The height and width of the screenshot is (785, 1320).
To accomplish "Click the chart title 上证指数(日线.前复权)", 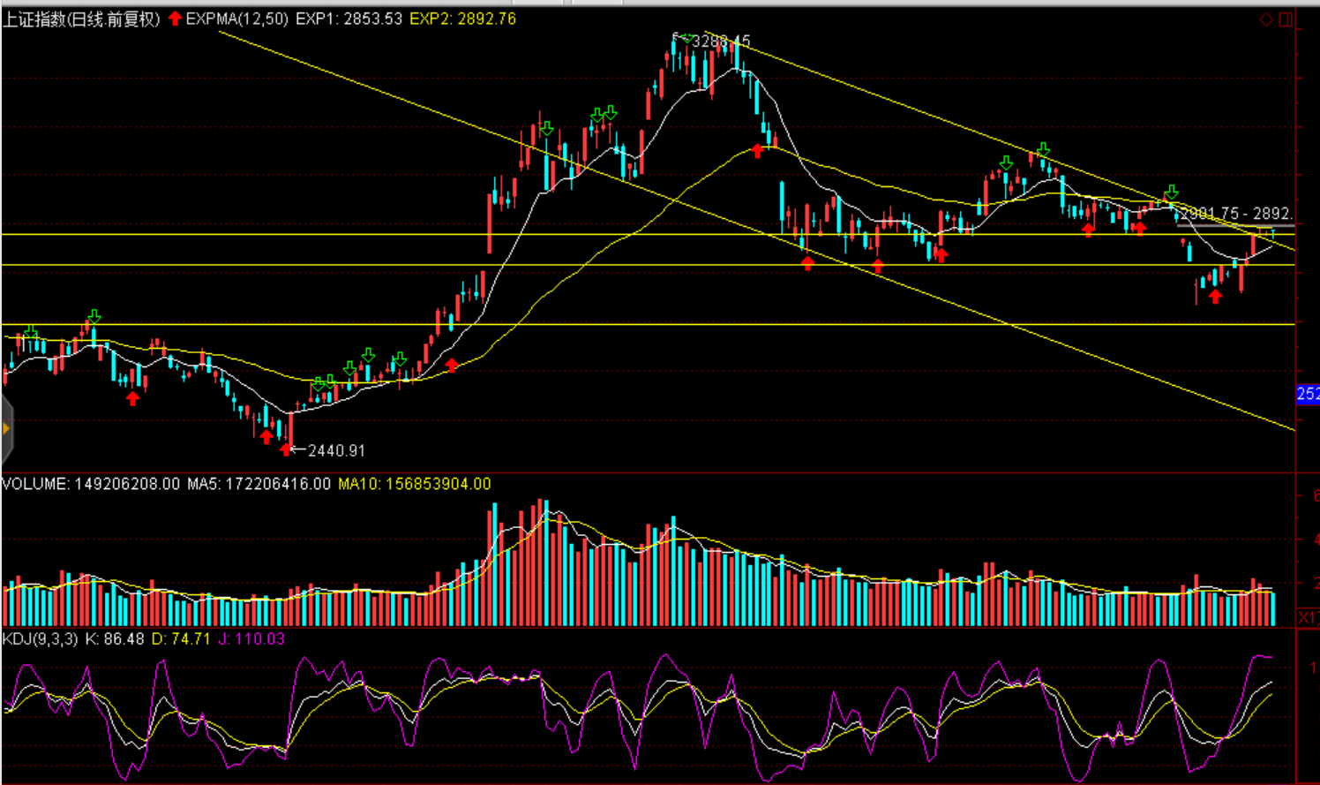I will pyautogui.click(x=81, y=19).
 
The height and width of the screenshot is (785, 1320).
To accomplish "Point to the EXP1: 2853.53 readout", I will pyautogui.click(x=349, y=19).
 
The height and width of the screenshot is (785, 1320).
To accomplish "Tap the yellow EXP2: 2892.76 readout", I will pyautogui.click(x=462, y=19).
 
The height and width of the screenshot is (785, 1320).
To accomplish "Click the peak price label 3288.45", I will pyautogui.click(x=721, y=41).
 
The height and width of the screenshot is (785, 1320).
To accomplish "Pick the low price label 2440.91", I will pyautogui.click(x=336, y=450).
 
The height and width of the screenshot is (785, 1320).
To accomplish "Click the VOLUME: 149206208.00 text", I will pyautogui.click(x=91, y=484).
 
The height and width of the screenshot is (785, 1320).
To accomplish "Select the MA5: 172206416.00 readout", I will pyautogui.click(x=259, y=484).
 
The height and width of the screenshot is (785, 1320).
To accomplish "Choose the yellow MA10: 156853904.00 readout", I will pyautogui.click(x=414, y=484).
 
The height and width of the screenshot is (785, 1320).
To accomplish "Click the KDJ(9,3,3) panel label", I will pyautogui.click(x=41, y=638).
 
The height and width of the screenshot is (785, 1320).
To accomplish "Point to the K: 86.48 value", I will pyautogui.click(x=114, y=638).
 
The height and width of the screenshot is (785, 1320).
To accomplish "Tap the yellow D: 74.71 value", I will pyautogui.click(x=181, y=638).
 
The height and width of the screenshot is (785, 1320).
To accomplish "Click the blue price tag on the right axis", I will pyautogui.click(x=1308, y=394).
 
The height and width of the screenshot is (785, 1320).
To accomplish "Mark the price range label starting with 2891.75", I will pyautogui.click(x=1236, y=214).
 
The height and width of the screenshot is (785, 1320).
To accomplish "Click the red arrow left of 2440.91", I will pyautogui.click(x=285, y=450).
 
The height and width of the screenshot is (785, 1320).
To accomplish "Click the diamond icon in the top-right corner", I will pyautogui.click(x=1266, y=19).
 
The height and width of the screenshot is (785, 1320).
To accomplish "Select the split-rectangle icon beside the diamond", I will pyautogui.click(x=1286, y=19).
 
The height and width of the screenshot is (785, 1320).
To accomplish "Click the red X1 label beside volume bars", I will pyautogui.click(x=1308, y=616).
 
